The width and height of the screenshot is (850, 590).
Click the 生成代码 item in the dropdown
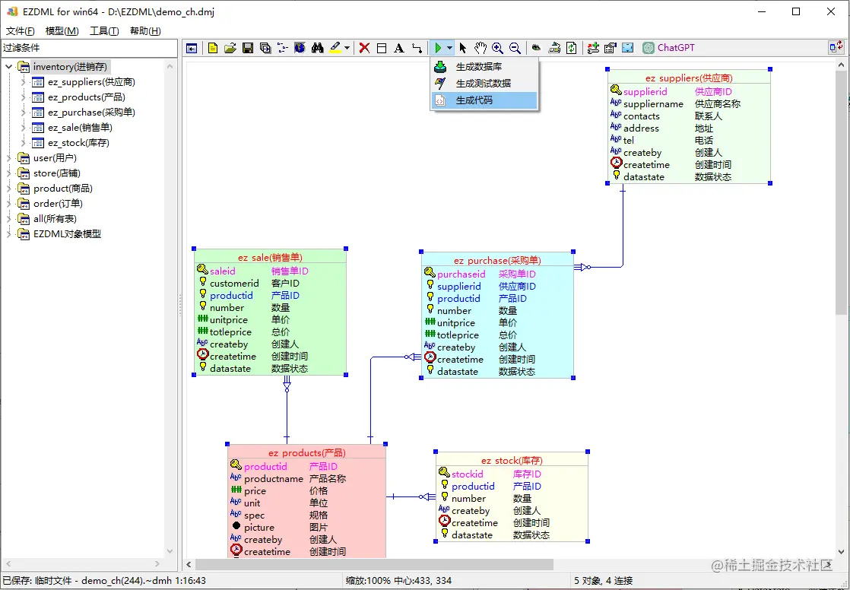pos(474,100)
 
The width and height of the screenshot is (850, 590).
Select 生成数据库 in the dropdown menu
pos(478,67)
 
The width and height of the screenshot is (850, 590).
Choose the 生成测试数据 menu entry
pos(483,84)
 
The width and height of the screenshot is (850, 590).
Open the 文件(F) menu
pos(21,31)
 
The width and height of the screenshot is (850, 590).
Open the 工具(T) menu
pos(104,31)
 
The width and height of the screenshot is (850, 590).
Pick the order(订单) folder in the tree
pos(58,204)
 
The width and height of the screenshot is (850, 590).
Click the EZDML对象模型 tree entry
pos(67,234)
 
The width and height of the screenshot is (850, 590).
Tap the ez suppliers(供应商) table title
pos(689,78)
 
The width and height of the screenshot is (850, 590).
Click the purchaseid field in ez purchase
pos(461,274)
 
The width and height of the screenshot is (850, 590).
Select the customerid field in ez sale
pos(234,284)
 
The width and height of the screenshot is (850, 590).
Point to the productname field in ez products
pos(274,479)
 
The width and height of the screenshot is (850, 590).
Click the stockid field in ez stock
pos(468,474)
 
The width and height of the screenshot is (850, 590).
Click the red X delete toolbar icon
pos(364,48)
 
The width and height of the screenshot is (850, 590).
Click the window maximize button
pos(796,11)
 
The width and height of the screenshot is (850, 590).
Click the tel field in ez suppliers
pos(629,141)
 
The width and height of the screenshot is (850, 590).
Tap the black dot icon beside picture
pos(236,527)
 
